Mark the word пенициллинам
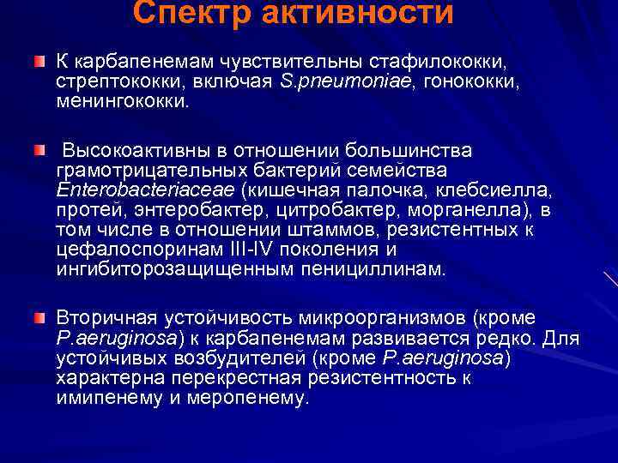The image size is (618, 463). (378, 269)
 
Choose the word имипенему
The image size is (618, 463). (107, 398)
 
